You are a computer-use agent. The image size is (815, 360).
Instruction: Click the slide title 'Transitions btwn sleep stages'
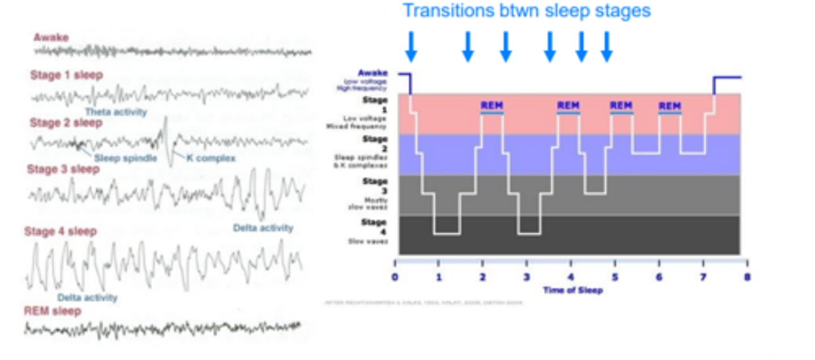(x=526, y=11)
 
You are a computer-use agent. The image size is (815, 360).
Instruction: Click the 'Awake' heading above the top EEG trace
(x=51, y=38)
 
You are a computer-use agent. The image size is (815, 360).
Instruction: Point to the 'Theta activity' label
(x=116, y=112)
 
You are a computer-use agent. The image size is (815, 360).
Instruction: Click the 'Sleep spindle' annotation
(x=125, y=158)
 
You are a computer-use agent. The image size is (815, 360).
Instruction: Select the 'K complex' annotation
(x=211, y=158)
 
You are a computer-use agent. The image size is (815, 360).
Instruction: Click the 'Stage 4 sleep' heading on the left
(x=61, y=232)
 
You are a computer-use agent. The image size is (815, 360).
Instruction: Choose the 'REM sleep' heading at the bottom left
(x=53, y=311)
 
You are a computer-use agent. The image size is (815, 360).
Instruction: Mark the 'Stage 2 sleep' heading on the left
(x=66, y=123)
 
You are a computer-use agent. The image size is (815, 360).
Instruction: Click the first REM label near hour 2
(x=491, y=106)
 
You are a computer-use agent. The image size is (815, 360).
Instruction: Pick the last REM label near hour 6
(x=670, y=106)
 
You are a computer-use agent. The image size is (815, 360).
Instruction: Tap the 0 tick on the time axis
(x=394, y=278)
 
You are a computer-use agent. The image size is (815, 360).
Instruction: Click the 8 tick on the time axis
(x=747, y=278)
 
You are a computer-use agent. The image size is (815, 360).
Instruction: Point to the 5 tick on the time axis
(x=615, y=278)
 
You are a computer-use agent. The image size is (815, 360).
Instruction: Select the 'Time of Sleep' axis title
(x=573, y=290)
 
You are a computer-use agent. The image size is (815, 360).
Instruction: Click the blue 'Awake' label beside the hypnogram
(x=373, y=73)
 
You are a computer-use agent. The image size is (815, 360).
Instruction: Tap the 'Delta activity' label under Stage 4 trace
(x=87, y=298)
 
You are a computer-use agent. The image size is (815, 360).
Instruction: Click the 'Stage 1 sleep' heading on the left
(x=66, y=75)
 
